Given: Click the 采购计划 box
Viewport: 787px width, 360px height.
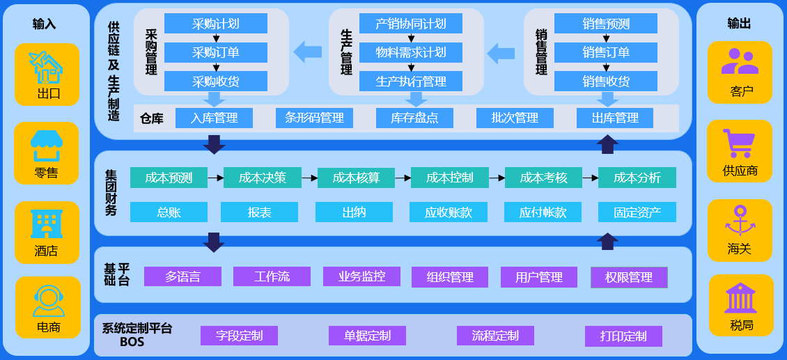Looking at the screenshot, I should click(216, 24).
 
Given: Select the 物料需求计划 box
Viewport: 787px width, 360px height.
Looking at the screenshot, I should click(411, 52).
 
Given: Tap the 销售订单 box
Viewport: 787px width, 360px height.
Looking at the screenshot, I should click(606, 52).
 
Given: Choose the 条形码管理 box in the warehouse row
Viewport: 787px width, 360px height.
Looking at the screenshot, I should click(314, 118).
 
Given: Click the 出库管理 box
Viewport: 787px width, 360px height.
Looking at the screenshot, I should click(615, 118).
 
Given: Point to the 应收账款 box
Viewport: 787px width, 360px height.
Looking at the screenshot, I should click(449, 212).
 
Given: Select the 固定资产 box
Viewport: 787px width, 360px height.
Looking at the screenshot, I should click(637, 212).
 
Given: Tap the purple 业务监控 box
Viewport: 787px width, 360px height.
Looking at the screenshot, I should click(362, 276).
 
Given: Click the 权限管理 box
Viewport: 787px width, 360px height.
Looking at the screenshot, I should click(629, 277).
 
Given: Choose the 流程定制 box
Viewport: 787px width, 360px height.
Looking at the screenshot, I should click(495, 336).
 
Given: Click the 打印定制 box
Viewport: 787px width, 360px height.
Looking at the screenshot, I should click(623, 336).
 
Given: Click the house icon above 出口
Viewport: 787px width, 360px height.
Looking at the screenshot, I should click(47, 66).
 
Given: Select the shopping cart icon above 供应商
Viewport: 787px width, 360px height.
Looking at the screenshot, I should click(739, 143).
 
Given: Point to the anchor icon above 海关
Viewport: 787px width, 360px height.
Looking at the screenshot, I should click(740, 221).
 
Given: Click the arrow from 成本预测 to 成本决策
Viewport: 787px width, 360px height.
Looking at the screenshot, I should click(215, 178).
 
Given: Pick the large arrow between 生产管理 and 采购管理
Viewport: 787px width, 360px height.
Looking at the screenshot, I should click(308, 52).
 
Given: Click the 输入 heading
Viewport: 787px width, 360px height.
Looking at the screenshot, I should click(44, 24).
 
